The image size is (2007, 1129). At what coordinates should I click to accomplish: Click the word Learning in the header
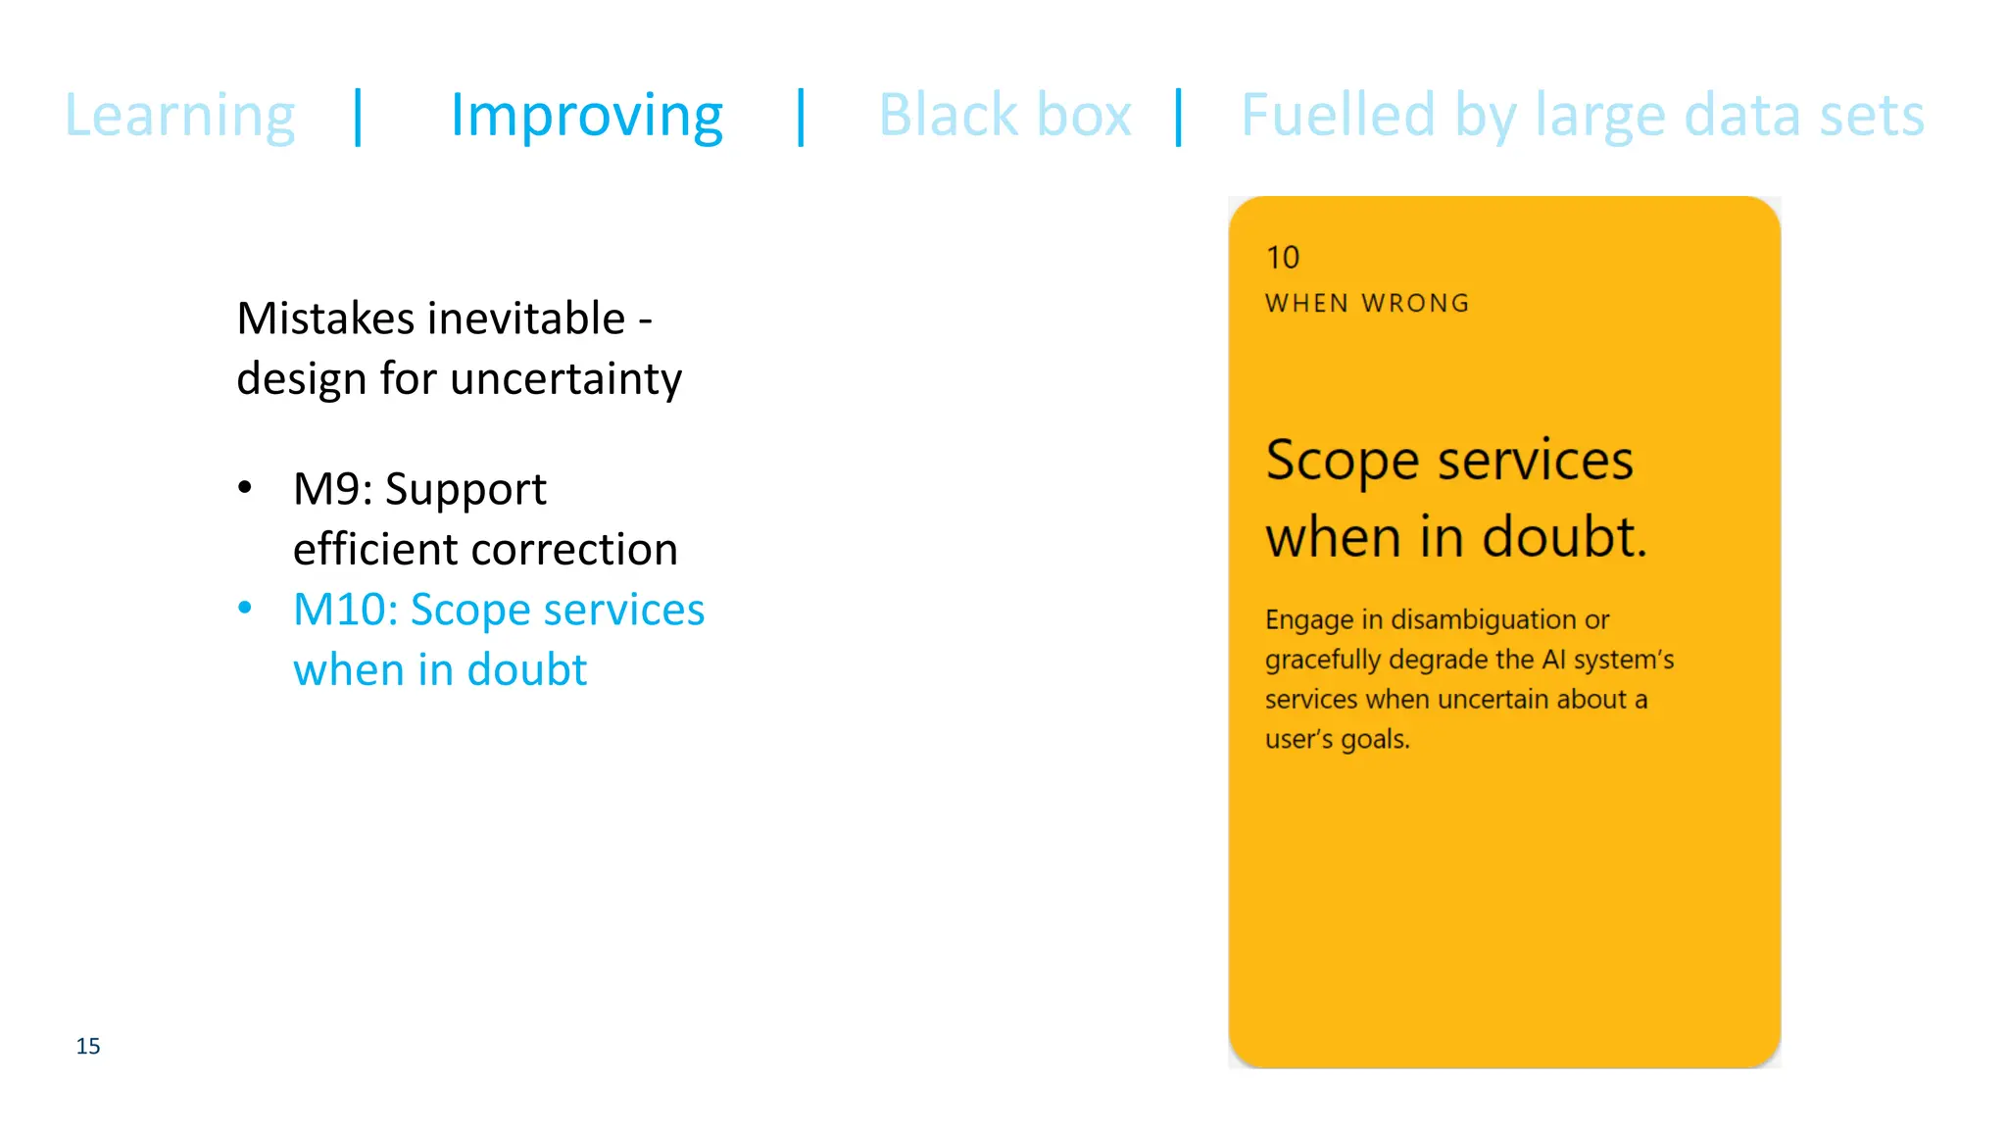(x=179, y=117)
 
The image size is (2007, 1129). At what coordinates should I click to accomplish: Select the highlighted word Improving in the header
(x=586, y=117)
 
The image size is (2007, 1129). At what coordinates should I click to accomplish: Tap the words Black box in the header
(x=1004, y=115)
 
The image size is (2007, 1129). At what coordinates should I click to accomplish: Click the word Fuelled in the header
(x=1338, y=115)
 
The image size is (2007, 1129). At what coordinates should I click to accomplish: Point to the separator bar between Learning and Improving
(x=359, y=117)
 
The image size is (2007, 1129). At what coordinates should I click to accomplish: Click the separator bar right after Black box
(x=1179, y=117)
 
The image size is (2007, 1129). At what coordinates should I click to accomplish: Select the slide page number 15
(x=88, y=1046)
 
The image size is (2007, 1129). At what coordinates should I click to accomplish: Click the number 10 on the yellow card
(x=1283, y=258)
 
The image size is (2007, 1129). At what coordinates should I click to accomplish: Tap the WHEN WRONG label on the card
(x=1367, y=303)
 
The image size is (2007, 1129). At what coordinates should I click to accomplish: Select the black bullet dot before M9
(x=245, y=487)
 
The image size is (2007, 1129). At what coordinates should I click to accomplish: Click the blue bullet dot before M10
(x=245, y=609)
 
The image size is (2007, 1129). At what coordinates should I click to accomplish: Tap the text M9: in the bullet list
(x=333, y=489)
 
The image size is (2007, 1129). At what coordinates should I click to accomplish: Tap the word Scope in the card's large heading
(x=1342, y=461)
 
